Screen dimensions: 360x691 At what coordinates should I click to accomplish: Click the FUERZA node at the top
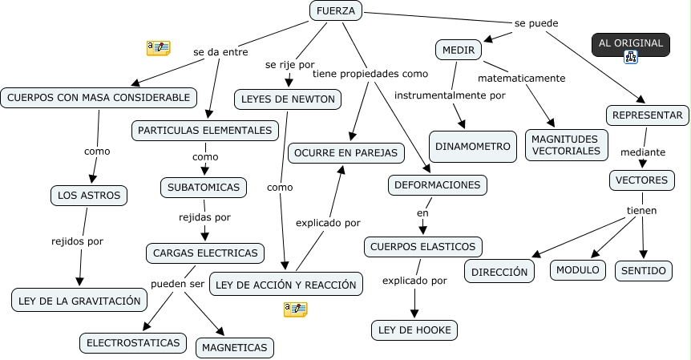(x=336, y=10)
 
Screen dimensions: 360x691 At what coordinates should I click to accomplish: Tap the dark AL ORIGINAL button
(x=631, y=43)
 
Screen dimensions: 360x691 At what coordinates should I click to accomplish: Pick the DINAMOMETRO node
(x=472, y=147)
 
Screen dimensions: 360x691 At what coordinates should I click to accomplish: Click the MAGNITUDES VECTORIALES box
(x=565, y=145)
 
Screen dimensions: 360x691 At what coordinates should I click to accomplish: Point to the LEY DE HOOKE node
(x=414, y=330)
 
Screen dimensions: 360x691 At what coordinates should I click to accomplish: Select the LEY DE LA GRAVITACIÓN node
(x=79, y=301)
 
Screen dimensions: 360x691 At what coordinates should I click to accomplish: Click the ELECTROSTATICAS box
(x=133, y=342)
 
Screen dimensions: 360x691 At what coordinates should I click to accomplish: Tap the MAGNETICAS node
(x=235, y=347)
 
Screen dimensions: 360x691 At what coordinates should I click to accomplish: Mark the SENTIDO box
(x=645, y=271)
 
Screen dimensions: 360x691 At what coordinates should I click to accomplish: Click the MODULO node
(x=578, y=270)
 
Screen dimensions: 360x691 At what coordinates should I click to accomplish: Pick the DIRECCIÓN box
(x=500, y=272)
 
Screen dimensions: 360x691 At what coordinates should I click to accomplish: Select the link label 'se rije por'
(x=289, y=64)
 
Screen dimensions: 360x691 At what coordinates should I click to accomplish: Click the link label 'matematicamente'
(x=522, y=79)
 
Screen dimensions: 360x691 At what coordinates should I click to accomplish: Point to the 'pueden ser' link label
(x=177, y=284)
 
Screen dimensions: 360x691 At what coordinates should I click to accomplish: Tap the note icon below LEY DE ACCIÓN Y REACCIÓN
(x=295, y=309)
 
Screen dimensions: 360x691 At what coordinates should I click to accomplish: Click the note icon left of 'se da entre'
(x=158, y=48)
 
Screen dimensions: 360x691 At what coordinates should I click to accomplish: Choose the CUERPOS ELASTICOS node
(x=423, y=246)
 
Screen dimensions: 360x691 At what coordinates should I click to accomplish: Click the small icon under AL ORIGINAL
(x=631, y=57)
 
